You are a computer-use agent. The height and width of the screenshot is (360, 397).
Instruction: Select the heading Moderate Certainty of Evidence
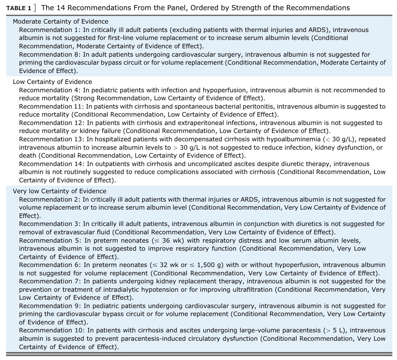(60, 22)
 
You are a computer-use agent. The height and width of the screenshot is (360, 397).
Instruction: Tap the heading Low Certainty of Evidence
(52, 82)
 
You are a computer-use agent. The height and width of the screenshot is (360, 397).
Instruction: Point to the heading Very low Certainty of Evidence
(60, 191)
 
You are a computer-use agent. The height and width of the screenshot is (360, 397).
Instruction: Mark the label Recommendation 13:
(52, 139)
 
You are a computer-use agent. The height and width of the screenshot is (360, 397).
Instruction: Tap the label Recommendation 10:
(52, 330)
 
